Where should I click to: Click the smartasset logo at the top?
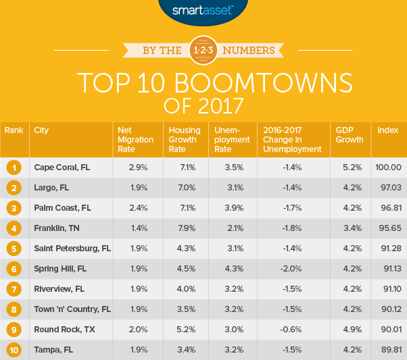[203, 11]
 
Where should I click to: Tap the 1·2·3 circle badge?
[203, 50]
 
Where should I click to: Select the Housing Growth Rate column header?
[183, 140]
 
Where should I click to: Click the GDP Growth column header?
[348, 135]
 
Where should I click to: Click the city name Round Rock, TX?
[64, 330]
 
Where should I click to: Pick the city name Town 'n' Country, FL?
[73, 310]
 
